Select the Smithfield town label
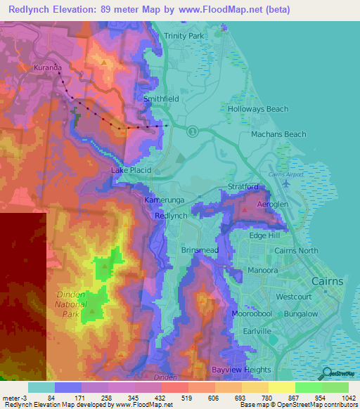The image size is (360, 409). click(x=161, y=100)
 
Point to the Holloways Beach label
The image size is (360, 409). click(x=258, y=109)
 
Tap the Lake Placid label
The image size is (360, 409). click(x=129, y=170)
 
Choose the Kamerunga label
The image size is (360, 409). click(x=164, y=200)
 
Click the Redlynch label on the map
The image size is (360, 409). click(x=171, y=216)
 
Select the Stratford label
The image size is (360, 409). click(x=244, y=187)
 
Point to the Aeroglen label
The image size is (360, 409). click(x=273, y=203)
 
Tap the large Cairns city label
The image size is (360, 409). click(x=327, y=281)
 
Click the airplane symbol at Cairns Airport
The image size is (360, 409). click(x=285, y=184)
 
